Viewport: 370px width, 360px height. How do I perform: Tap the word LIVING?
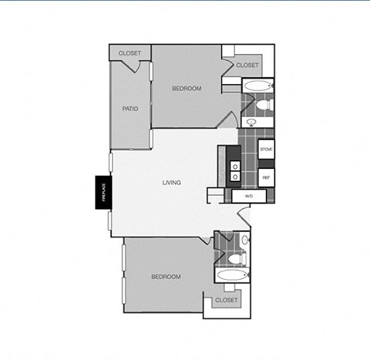[171, 183]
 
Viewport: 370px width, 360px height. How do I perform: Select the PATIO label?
[130, 109]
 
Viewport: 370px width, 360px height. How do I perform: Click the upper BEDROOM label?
[186, 89]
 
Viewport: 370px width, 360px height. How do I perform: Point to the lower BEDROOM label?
[166, 277]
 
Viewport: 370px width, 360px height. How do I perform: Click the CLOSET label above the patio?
[129, 53]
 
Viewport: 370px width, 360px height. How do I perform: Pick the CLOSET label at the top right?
[247, 66]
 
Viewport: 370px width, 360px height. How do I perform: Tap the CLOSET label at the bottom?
[226, 300]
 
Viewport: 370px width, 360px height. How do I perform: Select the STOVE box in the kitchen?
[266, 149]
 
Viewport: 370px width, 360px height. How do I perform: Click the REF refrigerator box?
[266, 177]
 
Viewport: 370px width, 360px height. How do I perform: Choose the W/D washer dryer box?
[249, 197]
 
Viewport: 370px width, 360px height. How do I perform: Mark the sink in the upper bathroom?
[253, 122]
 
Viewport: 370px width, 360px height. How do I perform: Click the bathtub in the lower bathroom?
[229, 275]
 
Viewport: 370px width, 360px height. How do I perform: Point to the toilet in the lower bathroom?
[241, 257]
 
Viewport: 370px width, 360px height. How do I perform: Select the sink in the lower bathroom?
[244, 240]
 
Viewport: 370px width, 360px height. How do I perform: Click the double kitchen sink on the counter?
[234, 171]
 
